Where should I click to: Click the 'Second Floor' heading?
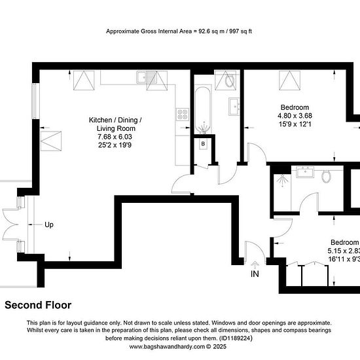click(x=38, y=305)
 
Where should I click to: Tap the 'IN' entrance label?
click(x=255, y=274)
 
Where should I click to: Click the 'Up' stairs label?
click(x=49, y=225)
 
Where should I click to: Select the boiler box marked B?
click(x=203, y=144)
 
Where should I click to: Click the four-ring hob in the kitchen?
click(x=183, y=115)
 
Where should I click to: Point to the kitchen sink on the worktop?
click(x=146, y=77)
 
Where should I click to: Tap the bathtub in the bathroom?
click(x=203, y=110)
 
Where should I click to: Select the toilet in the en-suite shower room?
click(x=326, y=176)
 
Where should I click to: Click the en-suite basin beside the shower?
click(x=305, y=172)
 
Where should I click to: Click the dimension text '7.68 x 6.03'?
click(x=115, y=137)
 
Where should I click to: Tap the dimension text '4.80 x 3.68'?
click(x=295, y=116)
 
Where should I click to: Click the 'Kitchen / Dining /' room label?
click(x=115, y=120)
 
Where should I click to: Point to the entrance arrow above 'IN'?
click(x=255, y=265)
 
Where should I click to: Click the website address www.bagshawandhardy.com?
click(x=167, y=347)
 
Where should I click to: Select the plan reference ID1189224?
click(x=236, y=338)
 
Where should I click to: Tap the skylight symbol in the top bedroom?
click(x=289, y=81)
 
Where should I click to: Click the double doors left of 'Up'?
click(x=10, y=225)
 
